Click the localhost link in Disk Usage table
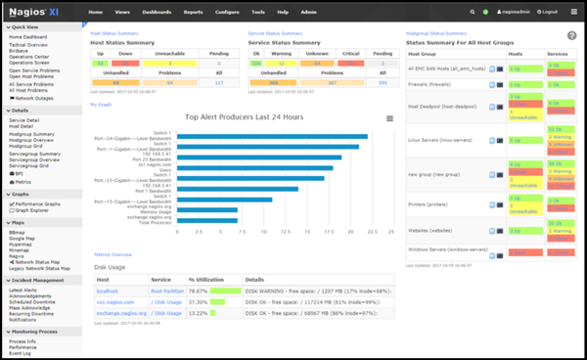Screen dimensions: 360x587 click(x=108, y=291)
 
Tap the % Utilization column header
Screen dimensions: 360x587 click(x=206, y=279)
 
